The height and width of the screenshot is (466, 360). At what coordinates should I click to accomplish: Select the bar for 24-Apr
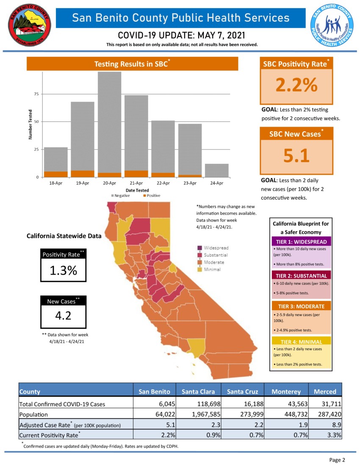(x=217, y=170)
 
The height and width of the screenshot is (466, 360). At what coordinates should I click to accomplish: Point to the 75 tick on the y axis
(x=36, y=94)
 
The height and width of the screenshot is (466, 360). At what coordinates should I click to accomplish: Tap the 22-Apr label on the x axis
(x=163, y=183)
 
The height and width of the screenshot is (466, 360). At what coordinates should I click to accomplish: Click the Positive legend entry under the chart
(x=151, y=195)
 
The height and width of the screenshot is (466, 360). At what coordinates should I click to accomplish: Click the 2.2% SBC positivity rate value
(x=296, y=85)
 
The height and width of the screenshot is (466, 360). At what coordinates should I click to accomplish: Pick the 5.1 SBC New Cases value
(x=296, y=156)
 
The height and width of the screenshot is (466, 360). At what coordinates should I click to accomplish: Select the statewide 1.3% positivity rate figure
(x=64, y=270)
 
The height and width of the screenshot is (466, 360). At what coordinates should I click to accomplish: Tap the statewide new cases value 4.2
(x=64, y=316)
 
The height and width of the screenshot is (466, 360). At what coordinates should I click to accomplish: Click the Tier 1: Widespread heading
(x=301, y=241)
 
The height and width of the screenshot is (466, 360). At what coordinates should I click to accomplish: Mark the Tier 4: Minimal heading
(x=301, y=341)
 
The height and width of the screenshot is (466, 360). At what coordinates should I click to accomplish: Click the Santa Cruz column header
(x=241, y=391)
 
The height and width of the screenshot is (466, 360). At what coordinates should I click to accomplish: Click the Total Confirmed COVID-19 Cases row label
(x=62, y=404)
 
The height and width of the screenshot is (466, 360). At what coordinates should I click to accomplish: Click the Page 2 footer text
(x=337, y=460)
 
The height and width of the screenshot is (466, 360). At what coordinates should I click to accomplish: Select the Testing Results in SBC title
(x=132, y=64)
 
